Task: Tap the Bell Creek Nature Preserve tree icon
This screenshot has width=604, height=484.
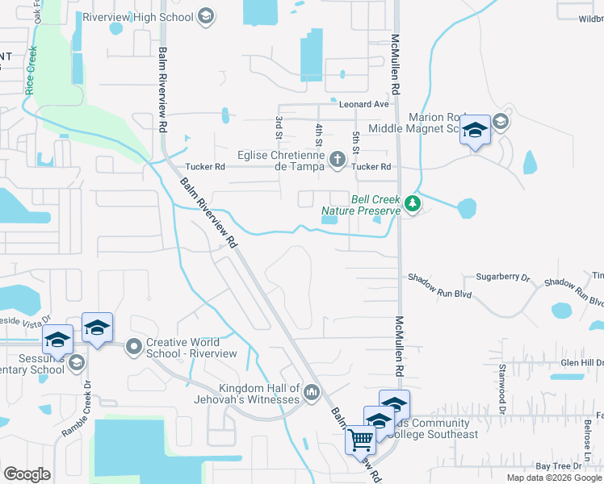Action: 413,203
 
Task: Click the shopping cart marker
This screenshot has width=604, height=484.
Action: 360,440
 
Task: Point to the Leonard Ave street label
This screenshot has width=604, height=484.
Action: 364,104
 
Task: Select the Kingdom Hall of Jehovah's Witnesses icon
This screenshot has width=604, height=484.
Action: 312,394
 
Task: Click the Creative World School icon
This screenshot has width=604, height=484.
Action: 132,347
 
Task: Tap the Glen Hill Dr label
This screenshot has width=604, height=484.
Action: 581,362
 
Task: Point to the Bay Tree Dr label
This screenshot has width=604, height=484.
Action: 554,466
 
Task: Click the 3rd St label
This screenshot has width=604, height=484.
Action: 279,127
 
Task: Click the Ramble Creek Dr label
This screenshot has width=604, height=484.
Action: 76,414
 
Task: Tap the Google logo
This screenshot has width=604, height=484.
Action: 27,474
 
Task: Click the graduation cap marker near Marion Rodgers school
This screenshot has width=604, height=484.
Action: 475,130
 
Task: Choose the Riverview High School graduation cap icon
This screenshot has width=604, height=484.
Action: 205,16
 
